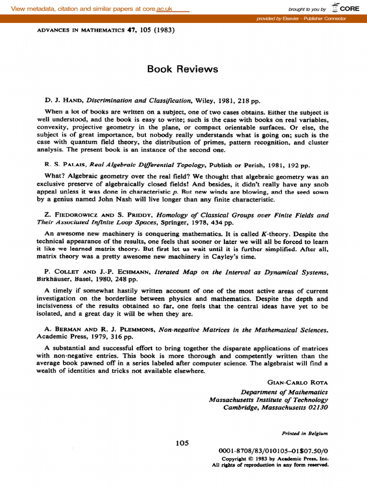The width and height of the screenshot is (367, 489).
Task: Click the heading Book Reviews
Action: pos(183,69)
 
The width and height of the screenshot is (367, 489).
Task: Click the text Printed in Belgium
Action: pos(305,434)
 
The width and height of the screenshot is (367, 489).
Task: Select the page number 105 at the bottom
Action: pos(183,443)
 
